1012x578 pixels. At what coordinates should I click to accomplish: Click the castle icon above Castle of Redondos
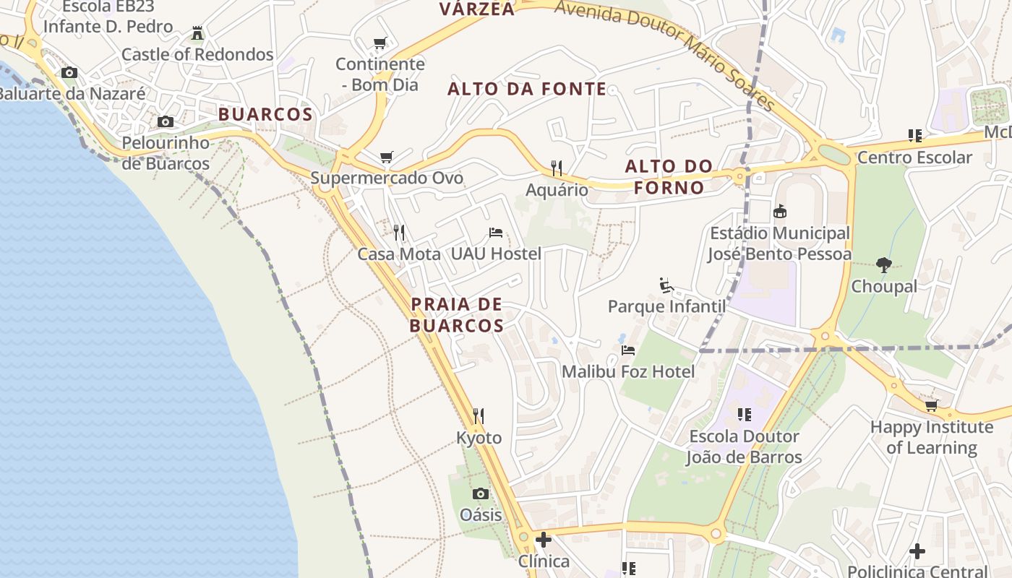click(197, 33)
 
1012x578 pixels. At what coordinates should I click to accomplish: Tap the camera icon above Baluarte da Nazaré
click(69, 72)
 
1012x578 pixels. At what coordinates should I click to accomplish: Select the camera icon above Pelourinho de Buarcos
click(166, 121)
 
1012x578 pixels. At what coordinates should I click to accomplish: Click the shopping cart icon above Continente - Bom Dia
click(380, 43)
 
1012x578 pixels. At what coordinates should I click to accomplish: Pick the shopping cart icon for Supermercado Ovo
click(387, 157)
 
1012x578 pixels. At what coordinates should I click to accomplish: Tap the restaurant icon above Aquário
click(557, 168)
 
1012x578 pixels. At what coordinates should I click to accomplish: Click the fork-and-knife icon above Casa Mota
click(398, 232)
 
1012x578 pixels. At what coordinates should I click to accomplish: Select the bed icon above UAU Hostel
click(496, 232)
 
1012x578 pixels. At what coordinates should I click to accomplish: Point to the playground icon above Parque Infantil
click(666, 285)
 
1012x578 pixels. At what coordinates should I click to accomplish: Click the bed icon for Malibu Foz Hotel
click(628, 350)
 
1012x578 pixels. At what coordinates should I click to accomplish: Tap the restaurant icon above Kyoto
click(479, 416)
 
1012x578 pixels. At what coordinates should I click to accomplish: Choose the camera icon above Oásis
click(481, 493)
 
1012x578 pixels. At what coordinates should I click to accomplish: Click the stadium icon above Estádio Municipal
click(780, 212)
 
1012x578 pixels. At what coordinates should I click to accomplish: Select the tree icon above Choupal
click(883, 265)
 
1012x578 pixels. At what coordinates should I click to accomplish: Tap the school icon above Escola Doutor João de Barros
click(744, 415)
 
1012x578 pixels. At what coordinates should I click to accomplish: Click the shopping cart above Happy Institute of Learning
click(931, 405)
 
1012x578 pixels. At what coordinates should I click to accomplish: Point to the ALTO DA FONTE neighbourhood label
click(527, 89)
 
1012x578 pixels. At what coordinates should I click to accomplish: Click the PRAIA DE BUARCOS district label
click(457, 315)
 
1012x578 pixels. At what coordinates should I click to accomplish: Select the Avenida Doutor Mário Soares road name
click(665, 54)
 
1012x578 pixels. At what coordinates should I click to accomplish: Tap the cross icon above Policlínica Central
click(917, 551)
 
